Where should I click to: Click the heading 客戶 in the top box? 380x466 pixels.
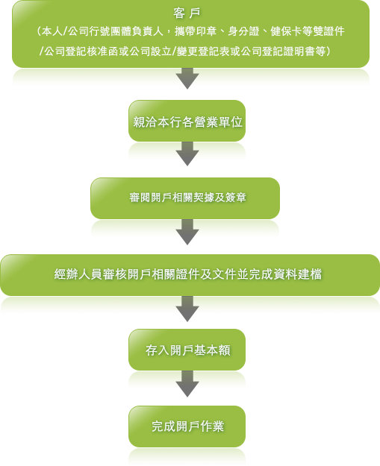point(187,13)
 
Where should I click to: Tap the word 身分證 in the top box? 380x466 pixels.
point(243,31)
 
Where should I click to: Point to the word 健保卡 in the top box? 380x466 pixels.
point(286,31)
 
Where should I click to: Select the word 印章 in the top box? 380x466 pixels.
point(206,31)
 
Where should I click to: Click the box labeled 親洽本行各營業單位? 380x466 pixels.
point(187,121)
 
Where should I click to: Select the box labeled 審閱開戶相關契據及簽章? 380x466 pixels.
point(185,198)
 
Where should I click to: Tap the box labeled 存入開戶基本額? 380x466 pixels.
point(187,350)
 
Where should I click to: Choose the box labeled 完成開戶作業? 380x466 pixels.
point(187,426)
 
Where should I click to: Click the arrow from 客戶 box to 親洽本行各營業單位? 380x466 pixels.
point(187,78)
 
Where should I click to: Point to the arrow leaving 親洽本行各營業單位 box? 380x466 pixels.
point(187,154)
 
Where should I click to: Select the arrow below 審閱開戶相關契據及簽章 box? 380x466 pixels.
point(187,232)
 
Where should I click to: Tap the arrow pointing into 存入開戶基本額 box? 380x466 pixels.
point(187,309)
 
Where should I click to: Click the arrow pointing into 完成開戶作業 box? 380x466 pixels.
point(187,384)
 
